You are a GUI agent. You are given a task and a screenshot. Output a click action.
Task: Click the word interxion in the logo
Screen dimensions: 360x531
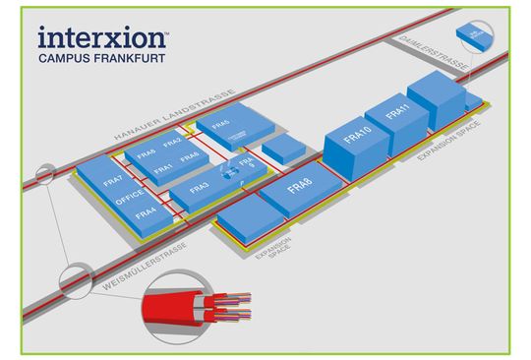102,38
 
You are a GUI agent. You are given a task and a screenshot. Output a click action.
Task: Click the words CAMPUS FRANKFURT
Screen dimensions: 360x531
100,59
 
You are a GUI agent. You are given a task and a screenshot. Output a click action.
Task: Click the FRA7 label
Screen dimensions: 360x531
113,181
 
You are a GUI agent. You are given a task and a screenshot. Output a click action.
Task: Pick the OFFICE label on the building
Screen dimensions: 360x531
131,196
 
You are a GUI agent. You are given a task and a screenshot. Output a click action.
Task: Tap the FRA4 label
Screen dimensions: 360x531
147,211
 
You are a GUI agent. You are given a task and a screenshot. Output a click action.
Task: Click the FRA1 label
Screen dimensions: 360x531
164,168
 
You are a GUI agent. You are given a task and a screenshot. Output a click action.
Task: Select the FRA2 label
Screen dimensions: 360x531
172,143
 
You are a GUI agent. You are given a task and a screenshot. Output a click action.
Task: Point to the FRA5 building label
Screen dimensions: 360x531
220,125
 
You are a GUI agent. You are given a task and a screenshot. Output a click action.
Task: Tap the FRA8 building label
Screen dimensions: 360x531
299,185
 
